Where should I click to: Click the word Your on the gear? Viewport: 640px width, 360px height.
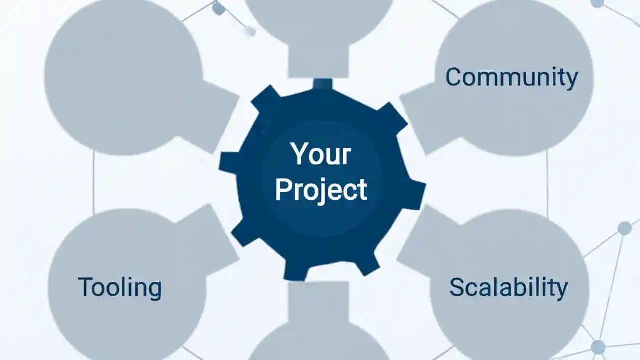tap(321, 154)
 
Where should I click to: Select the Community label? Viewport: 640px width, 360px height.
tap(511, 77)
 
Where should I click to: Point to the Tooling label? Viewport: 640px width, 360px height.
tap(120, 287)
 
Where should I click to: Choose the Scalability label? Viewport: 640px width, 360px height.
tap(508, 287)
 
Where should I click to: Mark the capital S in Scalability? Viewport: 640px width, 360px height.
tap(457, 287)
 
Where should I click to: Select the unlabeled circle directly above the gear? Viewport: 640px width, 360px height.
tap(320, 15)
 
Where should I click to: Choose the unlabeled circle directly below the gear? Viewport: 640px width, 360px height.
tap(320, 345)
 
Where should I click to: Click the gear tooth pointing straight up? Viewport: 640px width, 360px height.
tap(323, 84)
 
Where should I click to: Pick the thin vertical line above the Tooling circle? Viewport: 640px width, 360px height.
tap(94, 182)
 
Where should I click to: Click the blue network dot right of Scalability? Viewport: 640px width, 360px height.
tap(624, 228)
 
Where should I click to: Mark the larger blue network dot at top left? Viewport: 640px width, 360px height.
tap(218, 8)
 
